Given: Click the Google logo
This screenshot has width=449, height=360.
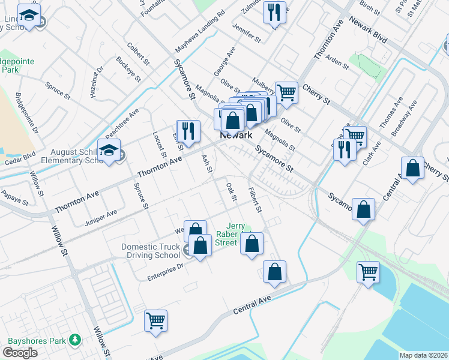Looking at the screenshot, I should point(20,353).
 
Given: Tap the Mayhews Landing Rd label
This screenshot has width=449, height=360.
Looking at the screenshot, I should point(199,32).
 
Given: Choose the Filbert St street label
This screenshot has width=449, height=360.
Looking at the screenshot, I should point(256,200).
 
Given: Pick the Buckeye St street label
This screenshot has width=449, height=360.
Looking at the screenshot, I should point(128,69).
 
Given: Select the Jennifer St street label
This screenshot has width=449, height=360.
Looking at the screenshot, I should point(248,34).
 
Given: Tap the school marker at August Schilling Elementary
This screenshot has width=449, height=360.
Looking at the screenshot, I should point(109,151).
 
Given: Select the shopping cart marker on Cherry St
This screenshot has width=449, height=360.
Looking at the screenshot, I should point(286,92).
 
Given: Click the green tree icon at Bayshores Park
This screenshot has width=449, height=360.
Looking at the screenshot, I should point(75,340).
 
